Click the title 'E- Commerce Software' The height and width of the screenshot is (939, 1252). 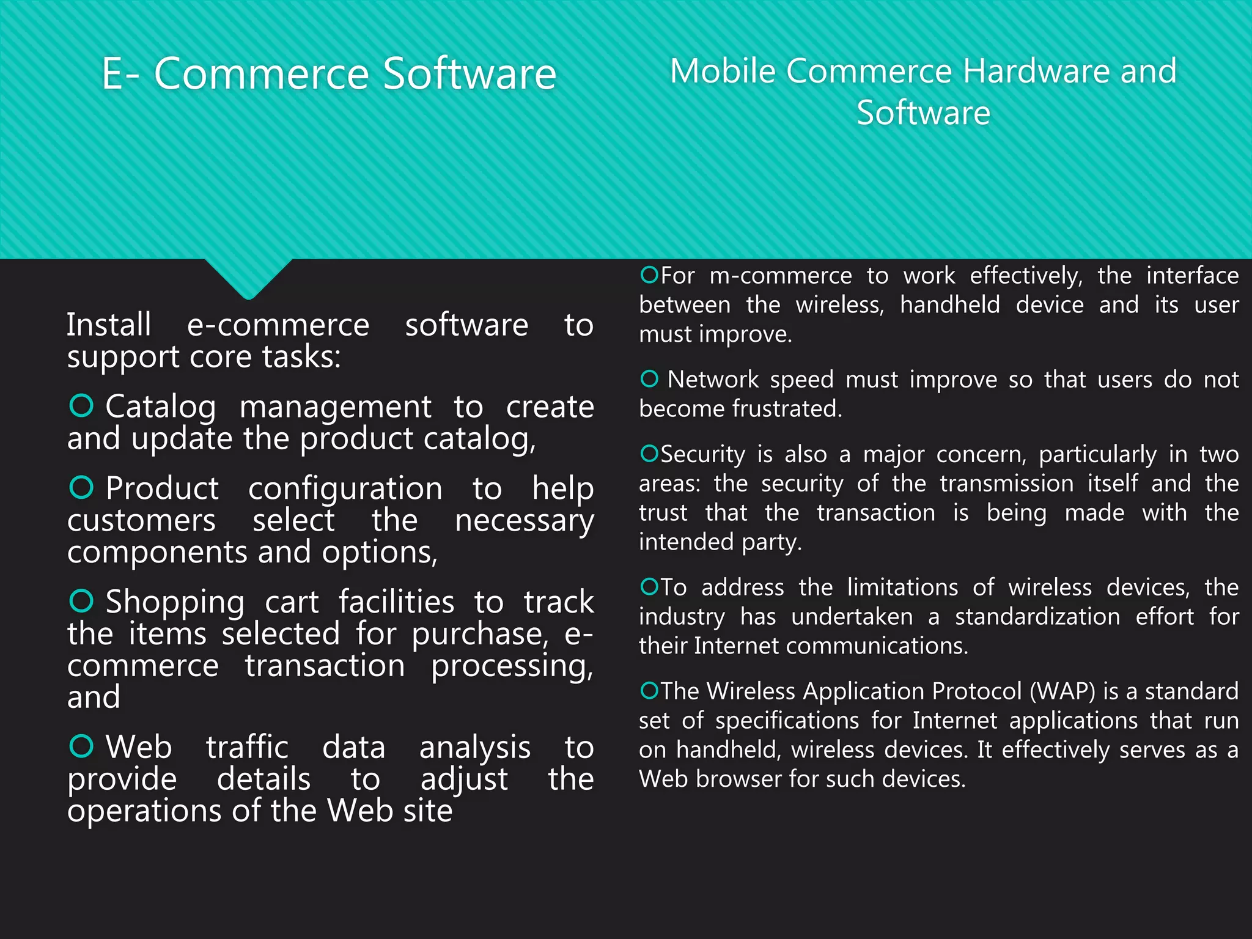pyautogui.click(x=329, y=74)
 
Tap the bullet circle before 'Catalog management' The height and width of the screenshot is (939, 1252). pyautogui.click(x=81, y=405)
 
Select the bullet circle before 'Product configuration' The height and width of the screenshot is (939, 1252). pyautogui.click(x=81, y=487)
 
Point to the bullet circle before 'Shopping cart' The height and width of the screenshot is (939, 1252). pyautogui.click(x=81, y=600)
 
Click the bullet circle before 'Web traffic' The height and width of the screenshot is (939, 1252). pyautogui.click(x=81, y=746)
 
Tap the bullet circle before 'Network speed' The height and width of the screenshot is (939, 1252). pyautogui.click(x=649, y=379)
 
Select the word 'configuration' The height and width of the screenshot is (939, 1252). pyautogui.click(x=345, y=489)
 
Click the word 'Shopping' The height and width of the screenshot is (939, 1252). pyautogui.click(x=175, y=603)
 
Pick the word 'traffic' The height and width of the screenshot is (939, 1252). pyautogui.click(x=247, y=747)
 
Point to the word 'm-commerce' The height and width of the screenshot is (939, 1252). pyautogui.click(x=781, y=276)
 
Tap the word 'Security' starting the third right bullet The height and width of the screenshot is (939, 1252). pyautogui.click(x=703, y=455)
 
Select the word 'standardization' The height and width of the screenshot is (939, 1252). pyautogui.click(x=1037, y=617)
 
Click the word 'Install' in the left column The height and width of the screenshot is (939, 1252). pyautogui.click(x=109, y=325)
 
